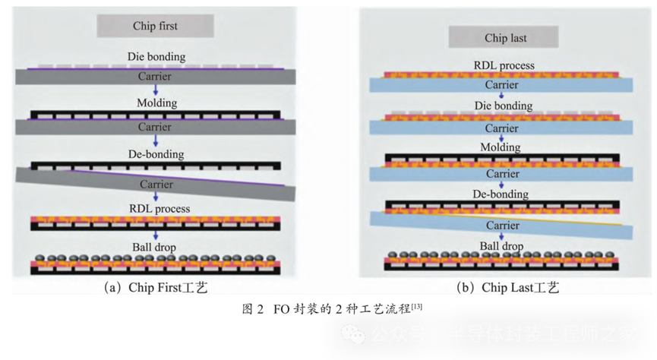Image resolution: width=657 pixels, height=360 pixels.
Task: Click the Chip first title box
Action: tap(155, 26)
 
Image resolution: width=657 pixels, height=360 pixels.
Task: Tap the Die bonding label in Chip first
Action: tap(155, 57)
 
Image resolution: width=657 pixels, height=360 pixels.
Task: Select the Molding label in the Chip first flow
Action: tap(155, 103)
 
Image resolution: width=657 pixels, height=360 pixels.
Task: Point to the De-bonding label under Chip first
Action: tap(155, 153)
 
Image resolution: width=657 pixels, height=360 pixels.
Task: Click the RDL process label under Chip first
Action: tap(155, 208)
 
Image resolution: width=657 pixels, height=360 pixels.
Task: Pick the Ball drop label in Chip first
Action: tap(155, 245)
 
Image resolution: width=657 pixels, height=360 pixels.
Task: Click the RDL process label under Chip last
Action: tap(504, 65)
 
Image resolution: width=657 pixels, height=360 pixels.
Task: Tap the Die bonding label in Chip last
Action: tap(504, 107)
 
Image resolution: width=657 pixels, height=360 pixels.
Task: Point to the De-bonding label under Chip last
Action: tap(504, 194)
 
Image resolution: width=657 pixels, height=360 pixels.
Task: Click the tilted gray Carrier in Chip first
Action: tap(155, 185)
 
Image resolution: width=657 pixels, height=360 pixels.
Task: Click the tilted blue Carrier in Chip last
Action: tap(503, 226)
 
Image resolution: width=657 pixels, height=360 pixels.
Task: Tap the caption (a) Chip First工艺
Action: tap(155, 288)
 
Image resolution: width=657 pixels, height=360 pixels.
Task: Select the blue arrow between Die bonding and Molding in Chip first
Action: tap(155, 90)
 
